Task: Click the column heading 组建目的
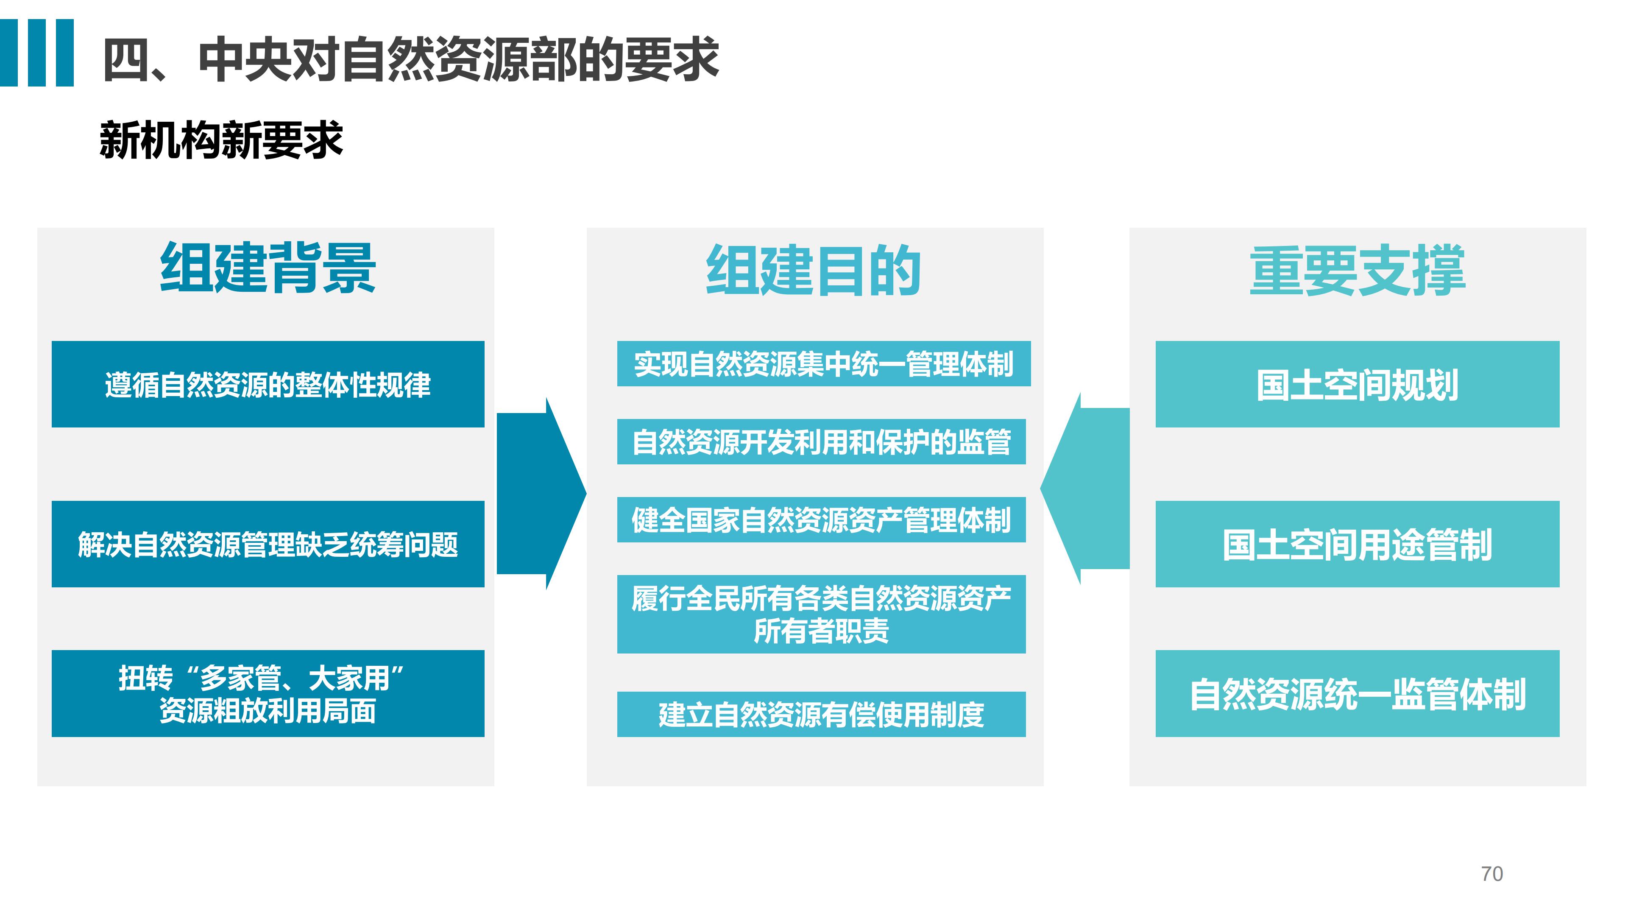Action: click(x=814, y=271)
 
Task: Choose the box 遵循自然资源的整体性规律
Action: click(x=268, y=384)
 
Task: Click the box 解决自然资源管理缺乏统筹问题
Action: click(x=268, y=544)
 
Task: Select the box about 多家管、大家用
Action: click(x=268, y=693)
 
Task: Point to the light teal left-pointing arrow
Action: click(x=1085, y=489)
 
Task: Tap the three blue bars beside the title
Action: click(x=36, y=53)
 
